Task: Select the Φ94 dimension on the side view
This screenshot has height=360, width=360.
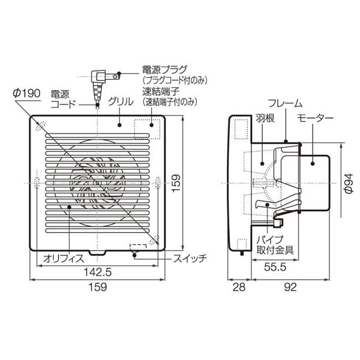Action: [x=346, y=182]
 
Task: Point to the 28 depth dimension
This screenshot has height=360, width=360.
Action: [x=239, y=288]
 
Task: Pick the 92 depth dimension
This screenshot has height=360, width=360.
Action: [x=290, y=288]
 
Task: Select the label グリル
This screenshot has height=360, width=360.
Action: [x=118, y=103]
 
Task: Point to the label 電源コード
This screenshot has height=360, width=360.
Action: [x=63, y=98]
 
